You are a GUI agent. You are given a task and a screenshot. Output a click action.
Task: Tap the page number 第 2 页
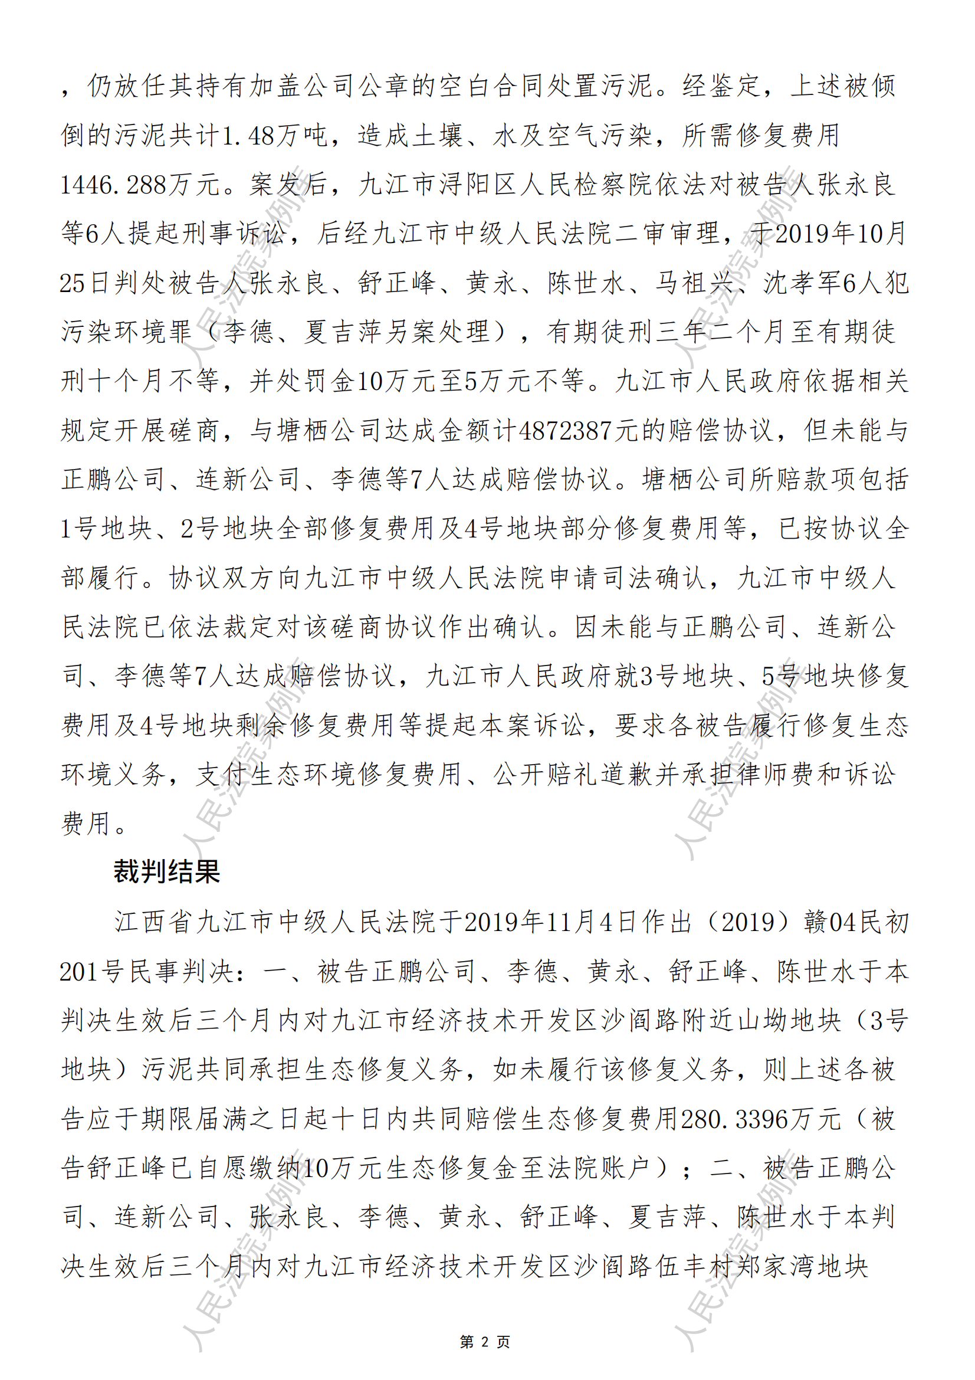point(485,1342)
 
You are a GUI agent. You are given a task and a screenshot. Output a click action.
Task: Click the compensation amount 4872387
point(564,430)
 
